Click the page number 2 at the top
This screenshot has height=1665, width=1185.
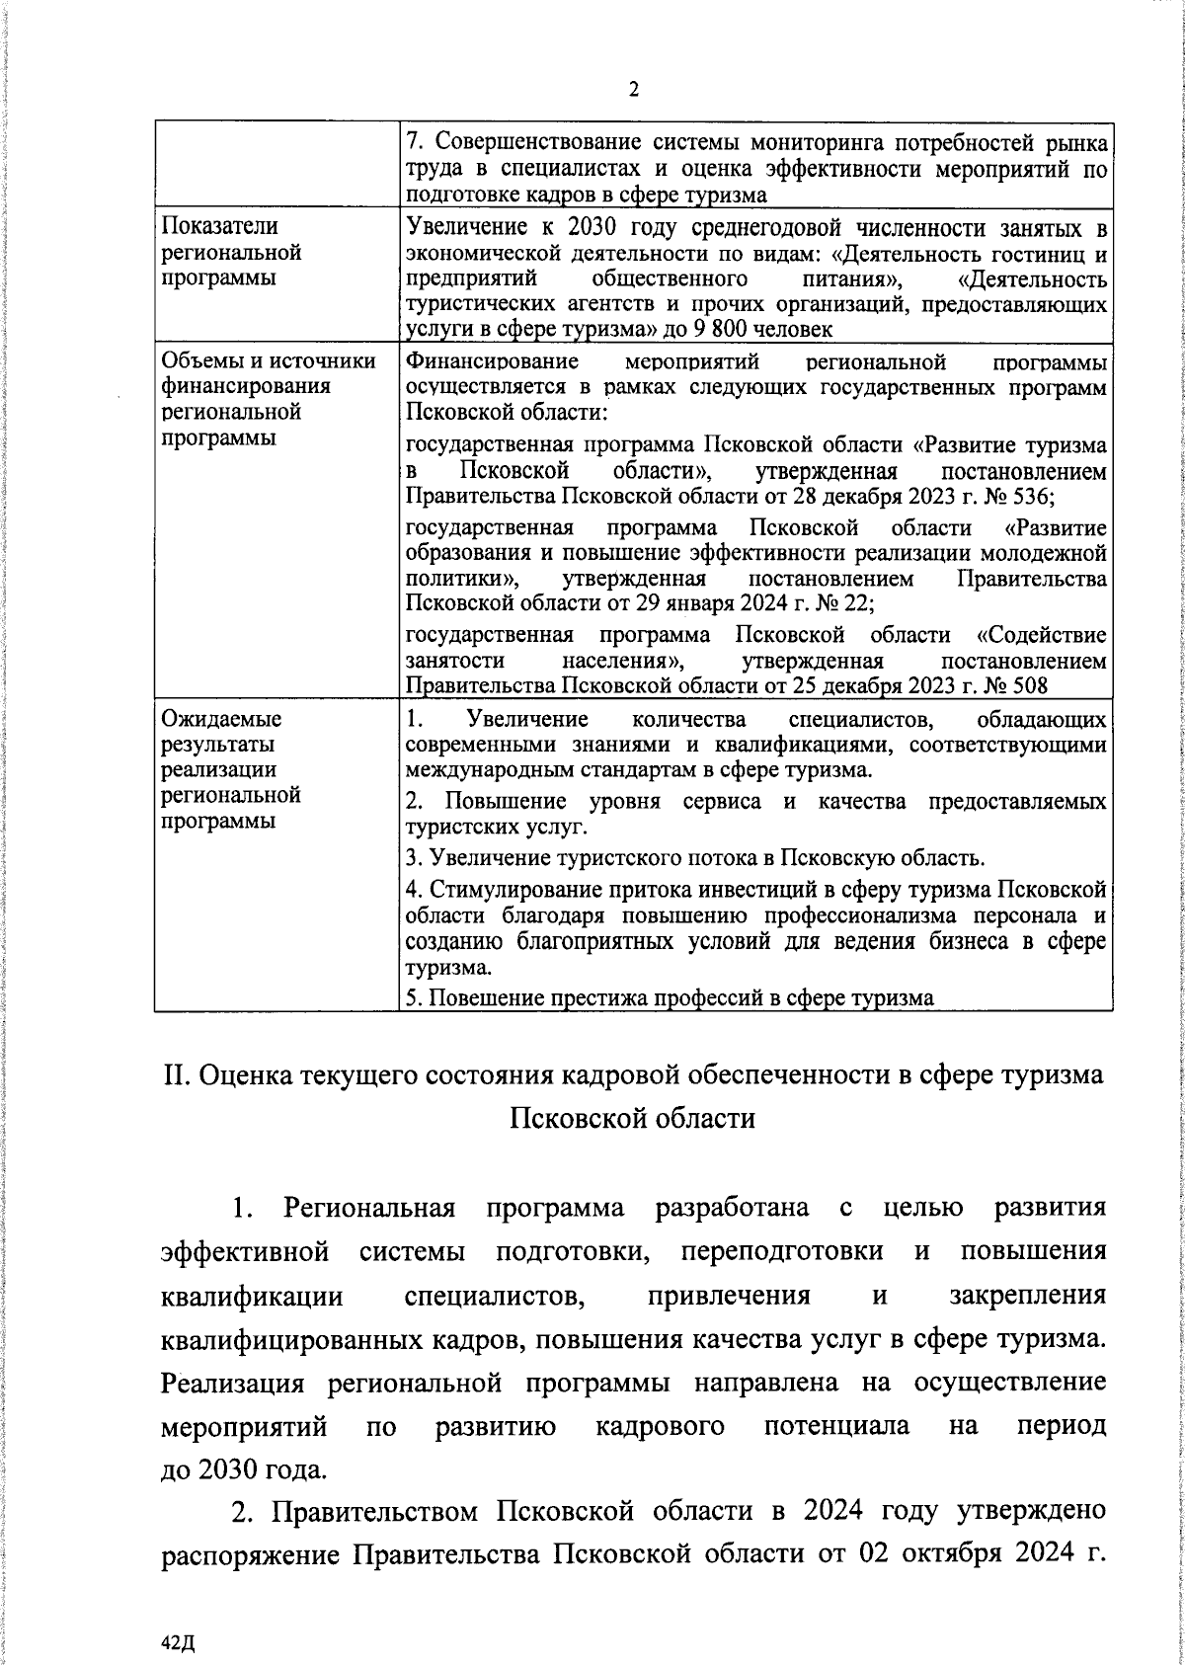tap(634, 90)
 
